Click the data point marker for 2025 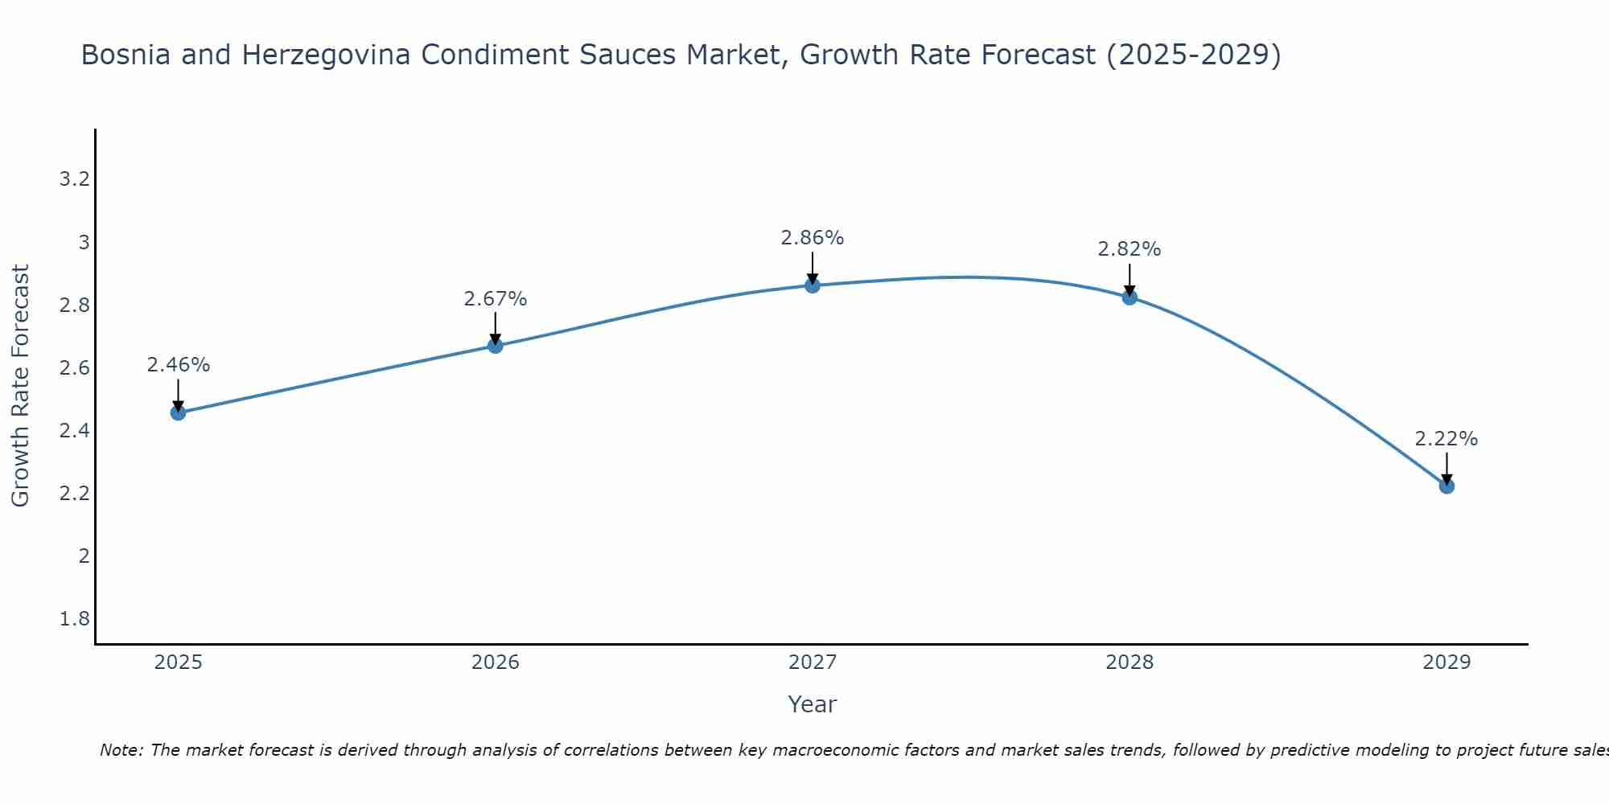[x=179, y=412]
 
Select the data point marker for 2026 [x=496, y=346]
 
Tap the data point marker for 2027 [x=813, y=285]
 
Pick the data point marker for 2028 [x=1130, y=297]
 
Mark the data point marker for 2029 [x=1446, y=486]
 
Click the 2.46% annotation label [x=179, y=365]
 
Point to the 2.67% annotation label [x=496, y=299]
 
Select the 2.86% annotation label [x=813, y=238]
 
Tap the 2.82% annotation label [x=1130, y=249]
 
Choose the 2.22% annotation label [x=1446, y=439]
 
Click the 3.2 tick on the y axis [x=74, y=179]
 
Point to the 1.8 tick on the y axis [x=74, y=619]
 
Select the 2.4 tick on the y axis [x=74, y=431]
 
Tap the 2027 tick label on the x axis [x=813, y=662]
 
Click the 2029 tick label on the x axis [x=1446, y=662]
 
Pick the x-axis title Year [x=813, y=704]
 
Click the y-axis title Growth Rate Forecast [x=21, y=386]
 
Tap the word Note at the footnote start [x=121, y=750]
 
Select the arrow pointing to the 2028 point [x=1130, y=279]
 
